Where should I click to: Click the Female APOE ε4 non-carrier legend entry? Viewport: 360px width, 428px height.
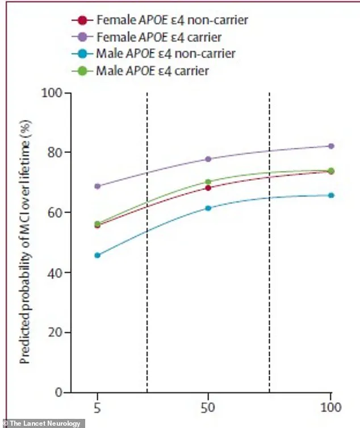point(160,20)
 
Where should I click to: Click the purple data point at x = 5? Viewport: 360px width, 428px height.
point(97,186)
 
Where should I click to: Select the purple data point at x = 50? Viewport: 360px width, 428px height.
point(208,159)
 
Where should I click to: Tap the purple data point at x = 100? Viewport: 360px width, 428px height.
point(331,146)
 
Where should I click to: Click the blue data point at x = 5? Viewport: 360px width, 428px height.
point(97,255)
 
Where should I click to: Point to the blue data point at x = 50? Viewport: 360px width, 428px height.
point(208,208)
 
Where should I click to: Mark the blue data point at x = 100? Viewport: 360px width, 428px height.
point(331,195)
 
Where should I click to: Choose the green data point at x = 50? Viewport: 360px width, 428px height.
point(208,182)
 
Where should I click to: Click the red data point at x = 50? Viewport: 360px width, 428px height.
point(208,188)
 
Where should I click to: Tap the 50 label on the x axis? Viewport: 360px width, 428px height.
point(208,408)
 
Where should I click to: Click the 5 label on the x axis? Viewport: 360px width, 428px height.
point(97,408)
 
